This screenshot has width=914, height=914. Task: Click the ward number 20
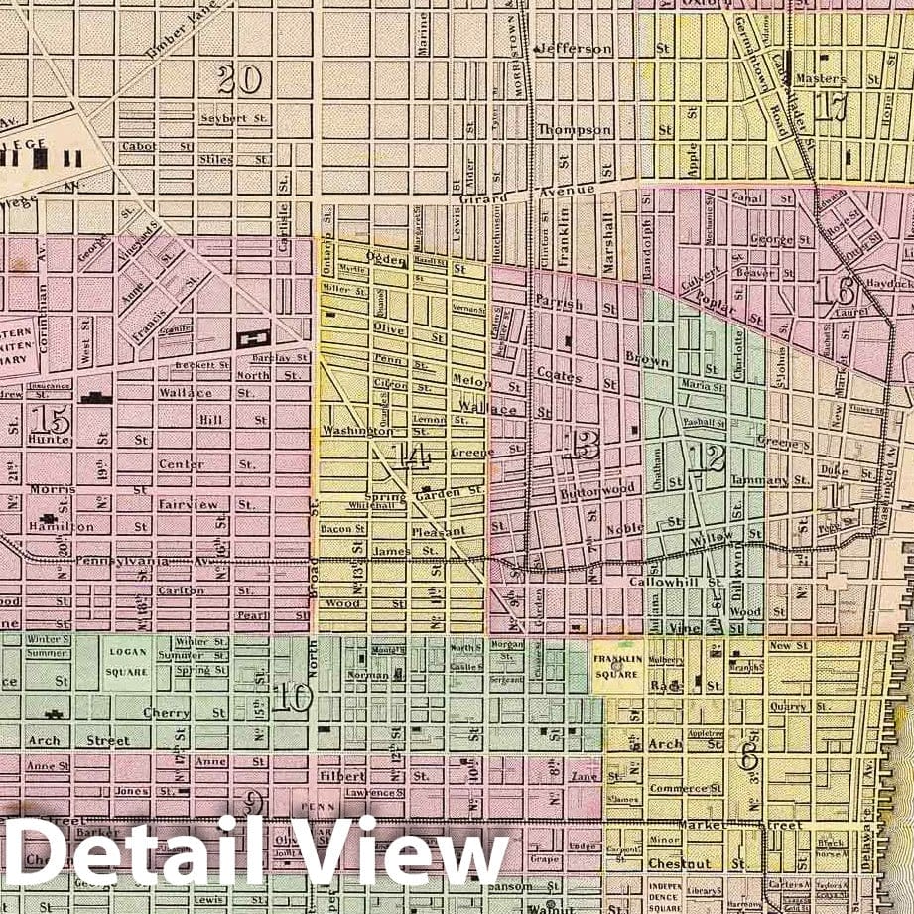(239, 79)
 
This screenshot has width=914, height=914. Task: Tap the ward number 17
(830, 106)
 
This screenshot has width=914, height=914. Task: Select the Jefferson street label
(575, 48)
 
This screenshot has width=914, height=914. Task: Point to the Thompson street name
(576, 130)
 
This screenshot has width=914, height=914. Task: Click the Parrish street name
(558, 300)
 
